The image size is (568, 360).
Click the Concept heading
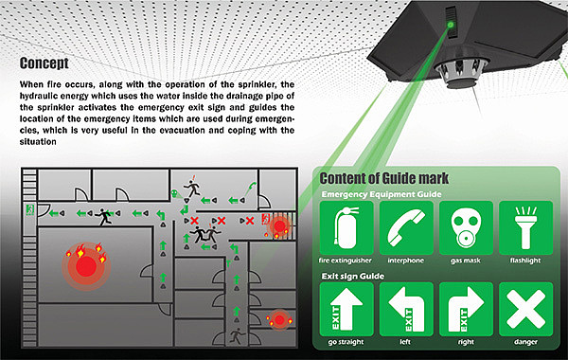pyautogui.click(x=44, y=63)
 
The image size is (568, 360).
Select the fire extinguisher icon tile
pyautogui.click(x=346, y=228)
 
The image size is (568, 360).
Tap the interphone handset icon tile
pyautogui.click(x=406, y=228)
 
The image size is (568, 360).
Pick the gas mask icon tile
pyautogui.click(x=466, y=228)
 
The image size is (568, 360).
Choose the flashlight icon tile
pyautogui.click(x=525, y=228)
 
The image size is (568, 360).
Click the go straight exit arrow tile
pyautogui.click(x=346, y=310)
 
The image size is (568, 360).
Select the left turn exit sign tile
pyautogui.click(x=406, y=310)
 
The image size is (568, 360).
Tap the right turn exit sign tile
pyautogui.click(x=466, y=310)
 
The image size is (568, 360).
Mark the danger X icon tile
pyautogui.click(x=525, y=310)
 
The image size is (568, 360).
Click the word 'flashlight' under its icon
pyautogui.click(x=525, y=261)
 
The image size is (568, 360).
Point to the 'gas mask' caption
pyautogui.click(x=466, y=261)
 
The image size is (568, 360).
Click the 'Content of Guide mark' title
pyautogui.click(x=384, y=178)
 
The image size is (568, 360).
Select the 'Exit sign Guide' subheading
pyautogui.click(x=353, y=277)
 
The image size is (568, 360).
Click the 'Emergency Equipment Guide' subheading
pyautogui.click(x=382, y=194)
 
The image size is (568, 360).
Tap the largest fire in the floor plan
pyautogui.click(x=86, y=266)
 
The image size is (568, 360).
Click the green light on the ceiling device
pyautogui.click(x=451, y=25)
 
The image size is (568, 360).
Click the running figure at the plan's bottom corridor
pyautogui.click(x=236, y=335)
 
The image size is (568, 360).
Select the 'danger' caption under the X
pyautogui.click(x=525, y=341)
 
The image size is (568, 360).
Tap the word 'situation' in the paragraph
pyautogui.click(x=38, y=142)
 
